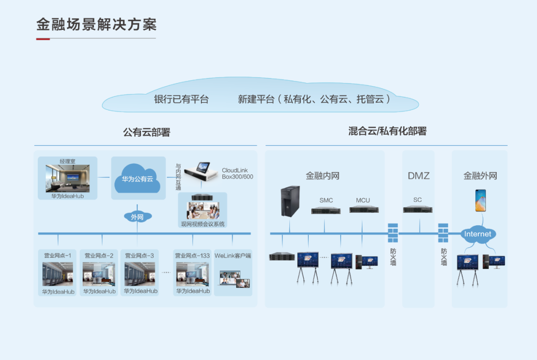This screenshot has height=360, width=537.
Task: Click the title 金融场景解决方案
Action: click(96, 24)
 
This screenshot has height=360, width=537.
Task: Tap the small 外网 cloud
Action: click(137, 217)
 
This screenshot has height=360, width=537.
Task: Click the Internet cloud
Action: click(477, 234)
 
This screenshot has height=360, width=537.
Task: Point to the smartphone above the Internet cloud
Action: click(480, 200)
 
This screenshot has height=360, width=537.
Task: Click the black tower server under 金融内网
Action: click(290, 201)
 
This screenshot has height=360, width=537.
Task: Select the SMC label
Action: click(326, 200)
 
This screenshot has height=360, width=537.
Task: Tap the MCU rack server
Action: click(363, 210)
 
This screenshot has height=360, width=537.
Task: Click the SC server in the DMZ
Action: click(418, 209)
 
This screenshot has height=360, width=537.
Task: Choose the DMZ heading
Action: click(418, 176)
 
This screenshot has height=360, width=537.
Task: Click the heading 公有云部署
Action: click(147, 132)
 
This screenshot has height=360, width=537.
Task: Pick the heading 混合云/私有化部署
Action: click(387, 131)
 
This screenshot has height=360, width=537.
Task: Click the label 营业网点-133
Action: click(192, 256)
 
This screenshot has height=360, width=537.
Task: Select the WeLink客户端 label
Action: click(233, 256)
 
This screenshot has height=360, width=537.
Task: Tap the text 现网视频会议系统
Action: click(203, 224)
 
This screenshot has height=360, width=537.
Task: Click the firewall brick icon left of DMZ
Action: click(393, 233)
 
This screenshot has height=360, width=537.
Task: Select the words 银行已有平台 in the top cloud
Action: click(181, 99)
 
